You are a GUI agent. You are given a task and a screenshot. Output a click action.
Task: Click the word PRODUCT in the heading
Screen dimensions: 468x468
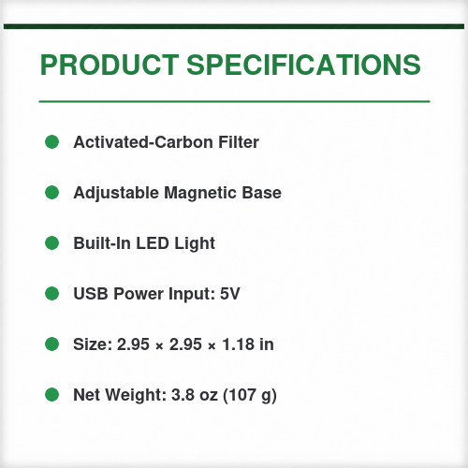(x=110, y=65)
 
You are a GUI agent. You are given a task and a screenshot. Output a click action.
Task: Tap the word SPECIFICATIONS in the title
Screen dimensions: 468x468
(x=303, y=65)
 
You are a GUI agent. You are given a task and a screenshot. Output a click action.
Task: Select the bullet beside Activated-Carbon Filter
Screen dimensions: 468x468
(x=51, y=142)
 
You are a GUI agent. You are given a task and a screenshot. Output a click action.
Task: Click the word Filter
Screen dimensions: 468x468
(x=239, y=142)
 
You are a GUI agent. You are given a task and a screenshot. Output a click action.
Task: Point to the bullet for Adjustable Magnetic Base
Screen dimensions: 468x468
(x=51, y=193)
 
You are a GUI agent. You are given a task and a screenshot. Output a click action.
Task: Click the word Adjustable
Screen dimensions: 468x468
(x=116, y=193)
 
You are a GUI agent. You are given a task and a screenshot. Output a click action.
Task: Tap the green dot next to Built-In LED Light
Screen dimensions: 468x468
(x=51, y=243)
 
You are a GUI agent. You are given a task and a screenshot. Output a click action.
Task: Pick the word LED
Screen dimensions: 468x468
(x=153, y=243)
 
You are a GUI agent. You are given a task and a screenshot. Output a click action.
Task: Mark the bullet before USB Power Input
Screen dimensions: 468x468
(x=51, y=294)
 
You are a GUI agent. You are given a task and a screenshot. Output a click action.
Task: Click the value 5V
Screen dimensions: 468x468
(x=230, y=294)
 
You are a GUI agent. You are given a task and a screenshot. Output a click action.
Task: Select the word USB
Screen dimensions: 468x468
(x=91, y=294)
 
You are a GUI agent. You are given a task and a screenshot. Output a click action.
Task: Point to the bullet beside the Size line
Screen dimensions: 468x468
(x=51, y=344)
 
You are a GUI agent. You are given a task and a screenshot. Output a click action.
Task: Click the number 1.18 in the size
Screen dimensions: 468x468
(x=238, y=344)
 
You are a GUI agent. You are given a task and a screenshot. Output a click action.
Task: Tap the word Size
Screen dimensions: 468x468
(x=93, y=344)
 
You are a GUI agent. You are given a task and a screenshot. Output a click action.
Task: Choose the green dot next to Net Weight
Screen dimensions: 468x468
(x=51, y=395)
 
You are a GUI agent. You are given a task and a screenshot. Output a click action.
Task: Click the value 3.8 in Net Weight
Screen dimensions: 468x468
(x=183, y=395)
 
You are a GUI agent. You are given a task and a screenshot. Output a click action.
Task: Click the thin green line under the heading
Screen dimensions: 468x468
(x=234, y=101)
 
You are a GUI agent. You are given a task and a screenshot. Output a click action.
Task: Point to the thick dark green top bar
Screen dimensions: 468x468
(x=234, y=26)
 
